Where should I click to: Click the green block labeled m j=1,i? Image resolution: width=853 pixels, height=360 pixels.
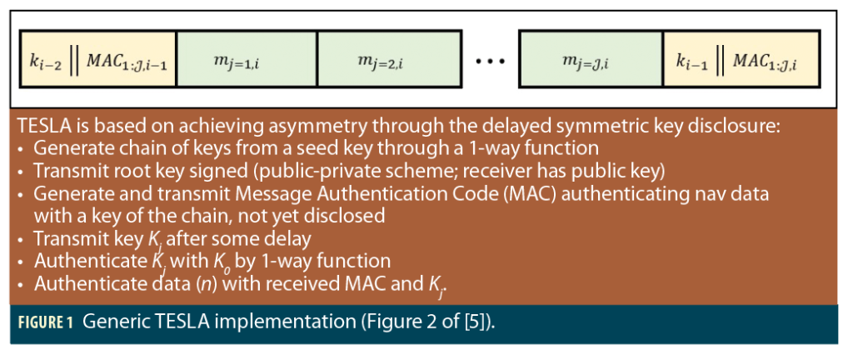(x=247, y=60)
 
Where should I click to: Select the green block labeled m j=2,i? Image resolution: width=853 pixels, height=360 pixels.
(x=388, y=60)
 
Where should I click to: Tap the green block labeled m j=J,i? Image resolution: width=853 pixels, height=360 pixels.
(x=590, y=60)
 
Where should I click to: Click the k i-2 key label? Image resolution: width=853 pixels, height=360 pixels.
(x=42, y=61)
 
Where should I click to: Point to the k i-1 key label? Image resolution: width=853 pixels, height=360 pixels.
(x=693, y=61)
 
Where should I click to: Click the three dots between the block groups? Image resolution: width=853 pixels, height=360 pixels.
(x=490, y=61)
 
